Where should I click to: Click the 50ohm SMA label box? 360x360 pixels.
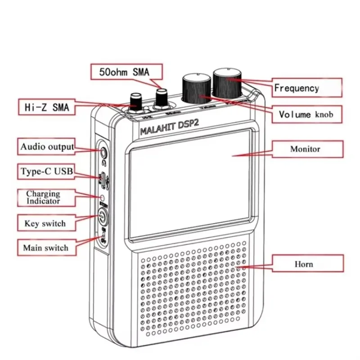click(x=127, y=71)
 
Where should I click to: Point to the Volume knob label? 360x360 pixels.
click(x=306, y=114)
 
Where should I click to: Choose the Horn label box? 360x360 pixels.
click(x=304, y=264)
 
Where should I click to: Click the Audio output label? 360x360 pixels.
click(x=46, y=147)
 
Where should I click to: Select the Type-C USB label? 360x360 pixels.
click(x=46, y=171)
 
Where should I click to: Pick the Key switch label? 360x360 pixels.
click(x=45, y=223)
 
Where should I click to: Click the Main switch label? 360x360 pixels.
click(x=45, y=247)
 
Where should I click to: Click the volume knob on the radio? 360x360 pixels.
click(x=196, y=88)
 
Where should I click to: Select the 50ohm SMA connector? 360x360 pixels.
click(x=161, y=99)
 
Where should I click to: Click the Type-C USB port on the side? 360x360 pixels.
click(x=103, y=179)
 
